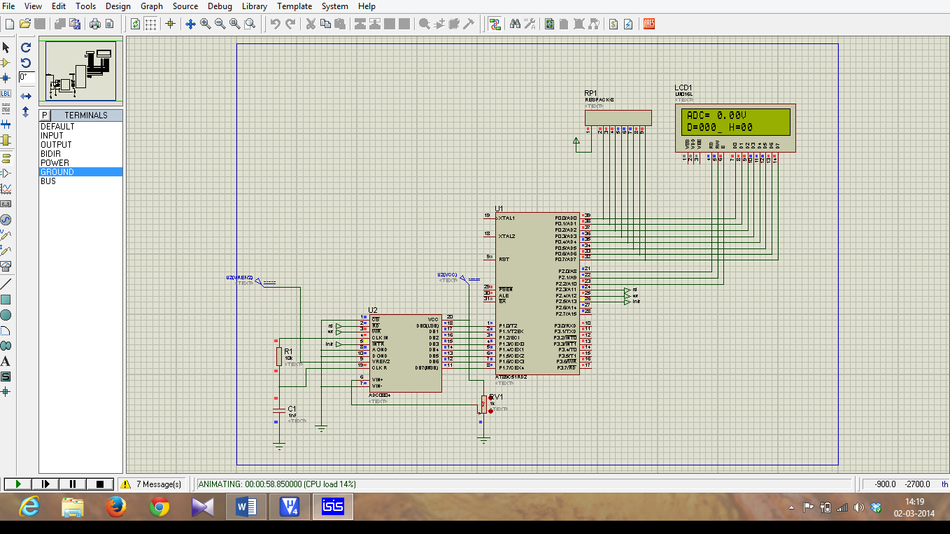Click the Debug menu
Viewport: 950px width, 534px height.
tap(220, 6)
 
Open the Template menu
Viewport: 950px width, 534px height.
tap(295, 6)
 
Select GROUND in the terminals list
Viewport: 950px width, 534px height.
tap(57, 171)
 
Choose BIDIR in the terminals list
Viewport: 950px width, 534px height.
tap(50, 153)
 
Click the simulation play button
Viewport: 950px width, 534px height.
tap(18, 484)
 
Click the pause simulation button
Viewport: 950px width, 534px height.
tap(72, 484)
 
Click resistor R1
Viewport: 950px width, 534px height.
tap(278, 356)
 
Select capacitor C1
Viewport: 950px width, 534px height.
tap(279, 414)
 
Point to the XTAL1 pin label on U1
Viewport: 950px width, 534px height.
tap(508, 218)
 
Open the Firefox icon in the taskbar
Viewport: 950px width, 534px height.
tap(115, 507)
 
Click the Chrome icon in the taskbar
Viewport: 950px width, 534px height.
tap(159, 507)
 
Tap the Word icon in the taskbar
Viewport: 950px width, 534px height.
tap(246, 507)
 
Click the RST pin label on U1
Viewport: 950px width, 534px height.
tap(504, 259)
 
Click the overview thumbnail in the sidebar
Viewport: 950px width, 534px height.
tap(80, 71)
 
